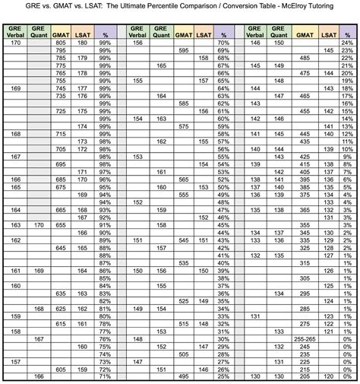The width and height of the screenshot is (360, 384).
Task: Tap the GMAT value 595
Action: pos(183,51)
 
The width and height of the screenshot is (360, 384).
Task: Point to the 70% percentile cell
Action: pos(223,43)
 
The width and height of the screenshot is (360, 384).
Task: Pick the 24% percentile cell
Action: pos(347,43)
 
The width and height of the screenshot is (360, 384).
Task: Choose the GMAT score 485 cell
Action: pos(305,59)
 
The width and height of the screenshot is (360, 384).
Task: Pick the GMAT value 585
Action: pos(183,103)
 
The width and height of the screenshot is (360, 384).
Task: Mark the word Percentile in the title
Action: pos(188,8)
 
